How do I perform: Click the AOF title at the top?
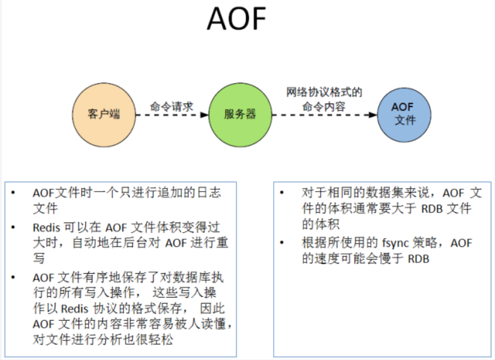tap(236, 19)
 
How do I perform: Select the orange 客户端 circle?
tap(104, 115)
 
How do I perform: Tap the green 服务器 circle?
tap(240, 115)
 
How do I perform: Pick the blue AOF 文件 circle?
tap(404, 115)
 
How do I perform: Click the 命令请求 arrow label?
tap(171, 107)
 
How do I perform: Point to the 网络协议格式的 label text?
tap(324, 92)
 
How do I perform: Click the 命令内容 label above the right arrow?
tap(324, 107)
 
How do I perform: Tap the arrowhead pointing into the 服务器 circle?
tap(205, 115)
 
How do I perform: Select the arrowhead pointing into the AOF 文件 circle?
tap(373, 115)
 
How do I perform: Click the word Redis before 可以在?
tap(46, 227)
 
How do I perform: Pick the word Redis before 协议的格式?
tap(74, 308)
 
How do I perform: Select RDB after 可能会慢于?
tap(419, 259)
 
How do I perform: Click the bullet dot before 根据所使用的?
tap(282, 243)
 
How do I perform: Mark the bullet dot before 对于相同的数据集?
tap(282, 192)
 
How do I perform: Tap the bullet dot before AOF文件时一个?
tap(13, 192)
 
